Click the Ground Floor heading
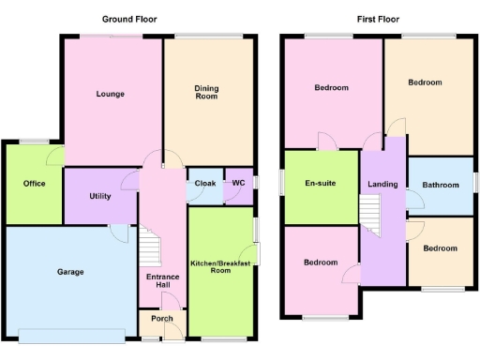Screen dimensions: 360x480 point(129,19)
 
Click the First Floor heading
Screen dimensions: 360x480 point(380,19)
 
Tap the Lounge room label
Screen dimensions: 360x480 point(111,94)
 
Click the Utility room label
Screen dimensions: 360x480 point(100,196)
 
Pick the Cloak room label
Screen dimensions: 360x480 point(205,183)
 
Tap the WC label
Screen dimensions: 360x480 point(238,183)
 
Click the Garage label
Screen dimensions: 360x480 point(70,272)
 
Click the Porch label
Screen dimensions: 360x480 point(161,319)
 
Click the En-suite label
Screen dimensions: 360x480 point(321,183)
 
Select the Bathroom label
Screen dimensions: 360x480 point(440,186)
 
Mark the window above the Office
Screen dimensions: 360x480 point(35,142)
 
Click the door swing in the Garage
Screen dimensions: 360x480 point(119,232)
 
